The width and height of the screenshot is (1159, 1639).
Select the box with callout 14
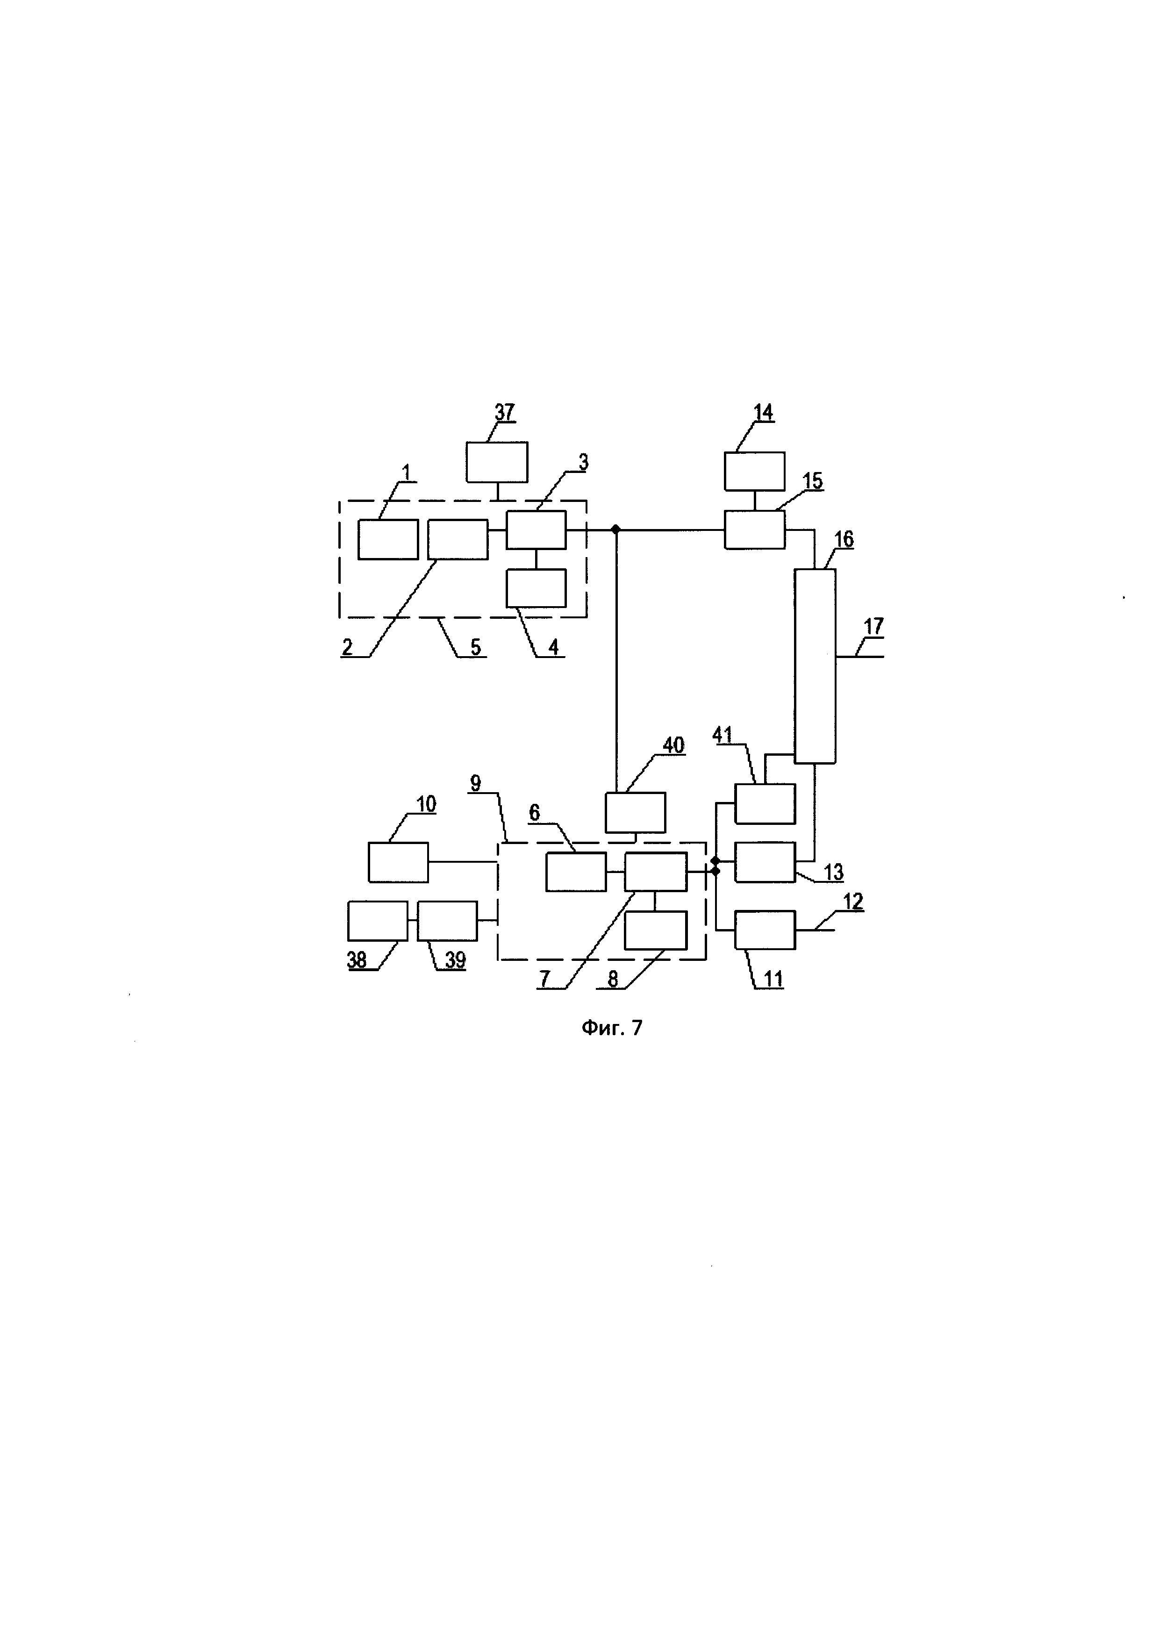click(x=754, y=471)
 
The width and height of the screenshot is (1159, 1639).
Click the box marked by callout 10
click(x=398, y=862)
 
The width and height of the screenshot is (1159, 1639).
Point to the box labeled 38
click(x=378, y=921)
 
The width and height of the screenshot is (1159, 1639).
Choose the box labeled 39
click(x=447, y=921)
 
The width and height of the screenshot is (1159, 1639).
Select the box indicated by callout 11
click(x=765, y=930)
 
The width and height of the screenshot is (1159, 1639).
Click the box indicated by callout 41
click(x=765, y=804)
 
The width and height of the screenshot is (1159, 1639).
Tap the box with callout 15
click(x=754, y=530)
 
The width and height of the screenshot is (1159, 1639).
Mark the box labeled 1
click(x=387, y=540)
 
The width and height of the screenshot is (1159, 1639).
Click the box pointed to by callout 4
click(x=536, y=588)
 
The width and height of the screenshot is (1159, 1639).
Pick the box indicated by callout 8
click(x=656, y=930)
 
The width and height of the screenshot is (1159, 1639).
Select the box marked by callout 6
click(x=576, y=872)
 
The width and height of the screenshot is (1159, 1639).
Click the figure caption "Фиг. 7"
click(x=612, y=1028)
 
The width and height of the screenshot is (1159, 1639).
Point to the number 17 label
click(x=873, y=627)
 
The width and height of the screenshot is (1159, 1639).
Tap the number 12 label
click(x=853, y=902)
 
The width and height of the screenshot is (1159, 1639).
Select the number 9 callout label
click(x=476, y=783)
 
